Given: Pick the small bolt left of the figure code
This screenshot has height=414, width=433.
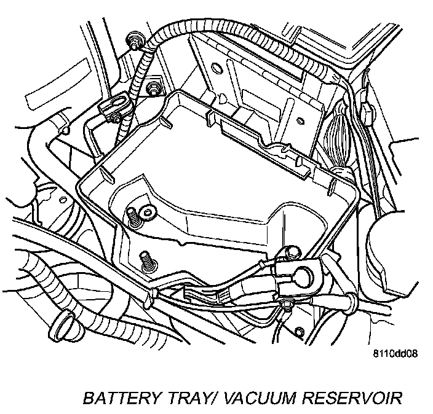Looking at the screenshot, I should coord(299,332).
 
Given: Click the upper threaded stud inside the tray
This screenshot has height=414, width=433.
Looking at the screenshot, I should coord(132,216).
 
